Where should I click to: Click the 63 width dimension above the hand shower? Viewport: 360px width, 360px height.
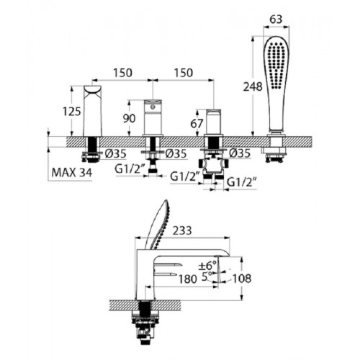[x=276, y=19]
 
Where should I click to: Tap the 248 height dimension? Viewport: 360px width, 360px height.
[x=253, y=86]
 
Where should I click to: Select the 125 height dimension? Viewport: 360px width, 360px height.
[x=72, y=112]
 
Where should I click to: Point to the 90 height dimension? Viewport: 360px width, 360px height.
[x=130, y=118]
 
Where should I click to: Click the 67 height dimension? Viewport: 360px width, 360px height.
[x=197, y=124]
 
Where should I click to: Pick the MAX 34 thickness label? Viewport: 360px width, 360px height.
[x=72, y=172]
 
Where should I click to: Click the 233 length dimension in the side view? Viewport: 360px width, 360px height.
[x=182, y=230]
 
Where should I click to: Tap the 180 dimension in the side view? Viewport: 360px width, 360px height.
[x=188, y=279]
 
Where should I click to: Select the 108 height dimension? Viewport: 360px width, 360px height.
[x=242, y=279]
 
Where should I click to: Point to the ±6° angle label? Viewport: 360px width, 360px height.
[x=208, y=266]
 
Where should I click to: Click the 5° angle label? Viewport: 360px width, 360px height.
[x=207, y=276]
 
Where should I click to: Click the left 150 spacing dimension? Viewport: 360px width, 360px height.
[x=122, y=73]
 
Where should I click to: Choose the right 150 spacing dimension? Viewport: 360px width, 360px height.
[x=184, y=73]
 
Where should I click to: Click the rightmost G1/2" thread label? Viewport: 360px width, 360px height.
[x=242, y=182]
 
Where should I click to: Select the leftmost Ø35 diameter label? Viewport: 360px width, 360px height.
[x=116, y=153]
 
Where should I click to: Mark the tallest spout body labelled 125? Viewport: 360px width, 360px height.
[x=92, y=111]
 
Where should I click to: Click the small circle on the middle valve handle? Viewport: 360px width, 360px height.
[x=152, y=107]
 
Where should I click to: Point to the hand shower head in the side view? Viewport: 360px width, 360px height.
[x=157, y=225]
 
